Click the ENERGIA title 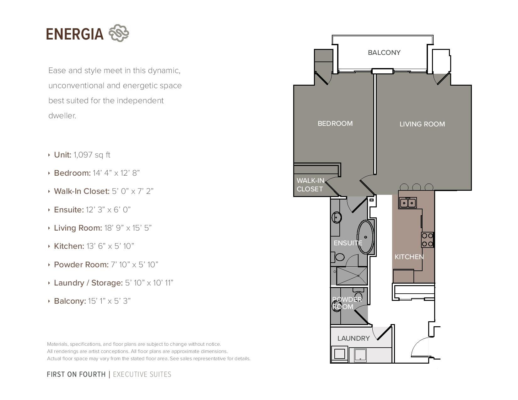[75, 34]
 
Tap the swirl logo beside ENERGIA [119, 33]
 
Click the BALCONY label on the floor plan [384, 52]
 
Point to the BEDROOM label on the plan [335, 123]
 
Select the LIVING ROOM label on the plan [422, 124]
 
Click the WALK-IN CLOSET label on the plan [310, 185]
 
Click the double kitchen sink [407, 203]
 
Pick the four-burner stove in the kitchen [427, 240]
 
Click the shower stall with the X [352, 276]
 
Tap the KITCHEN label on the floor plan [409, 257]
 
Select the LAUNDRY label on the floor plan [353, 338]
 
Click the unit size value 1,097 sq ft [92, 155]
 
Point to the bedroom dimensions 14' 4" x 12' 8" [116, 173]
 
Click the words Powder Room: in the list [81, 264]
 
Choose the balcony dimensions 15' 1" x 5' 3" [109, 301]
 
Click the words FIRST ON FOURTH [76, 374]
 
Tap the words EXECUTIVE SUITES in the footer [142, 374]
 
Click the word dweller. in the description [62, 116]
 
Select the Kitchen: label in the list [69, 246]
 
